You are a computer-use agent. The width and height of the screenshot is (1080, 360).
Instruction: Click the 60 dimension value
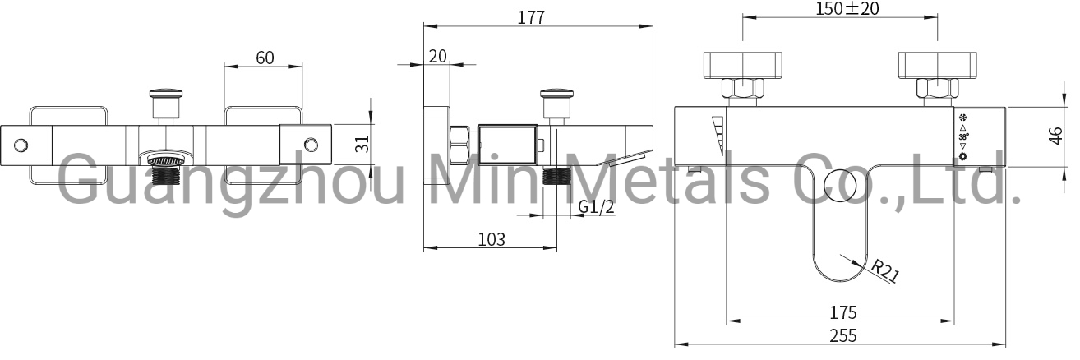265,58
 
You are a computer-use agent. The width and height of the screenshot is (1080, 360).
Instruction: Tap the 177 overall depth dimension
531,17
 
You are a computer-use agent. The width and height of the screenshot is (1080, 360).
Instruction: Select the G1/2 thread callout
595,207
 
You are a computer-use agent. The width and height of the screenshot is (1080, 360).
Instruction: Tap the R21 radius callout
884,270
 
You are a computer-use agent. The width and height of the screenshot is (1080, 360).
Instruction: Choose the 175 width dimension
842,312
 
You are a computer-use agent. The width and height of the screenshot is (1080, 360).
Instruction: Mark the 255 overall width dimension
842,335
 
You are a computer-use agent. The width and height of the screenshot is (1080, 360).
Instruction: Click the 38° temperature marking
963,136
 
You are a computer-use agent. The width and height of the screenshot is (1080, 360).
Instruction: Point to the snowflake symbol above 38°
963,117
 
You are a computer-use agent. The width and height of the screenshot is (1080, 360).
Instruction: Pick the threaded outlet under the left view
168,173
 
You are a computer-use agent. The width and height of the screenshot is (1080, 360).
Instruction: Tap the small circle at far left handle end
21,145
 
